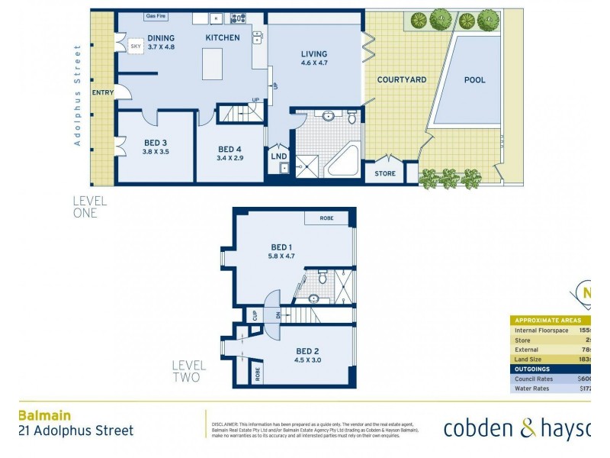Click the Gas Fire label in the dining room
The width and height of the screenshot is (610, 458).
[156, 16]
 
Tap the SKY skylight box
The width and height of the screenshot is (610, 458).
[136, 47]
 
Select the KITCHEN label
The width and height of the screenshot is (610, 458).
[223, 37]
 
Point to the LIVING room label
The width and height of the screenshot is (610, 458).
[313, 53]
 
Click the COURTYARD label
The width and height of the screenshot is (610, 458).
[402, 79]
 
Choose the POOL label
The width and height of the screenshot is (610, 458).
[474, 79]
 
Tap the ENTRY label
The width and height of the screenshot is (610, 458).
[102, 92]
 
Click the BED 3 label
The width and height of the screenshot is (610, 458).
[156, 142]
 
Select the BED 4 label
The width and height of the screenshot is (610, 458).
[230, 149]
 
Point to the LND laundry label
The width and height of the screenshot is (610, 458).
[279, 156]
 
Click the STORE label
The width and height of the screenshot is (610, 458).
[385, 174]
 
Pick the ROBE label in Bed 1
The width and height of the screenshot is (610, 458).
[326, 218]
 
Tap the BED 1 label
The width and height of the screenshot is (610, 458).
[281, 247]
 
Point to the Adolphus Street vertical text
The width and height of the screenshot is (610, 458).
[77, 95]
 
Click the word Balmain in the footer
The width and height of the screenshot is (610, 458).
[44, 416]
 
